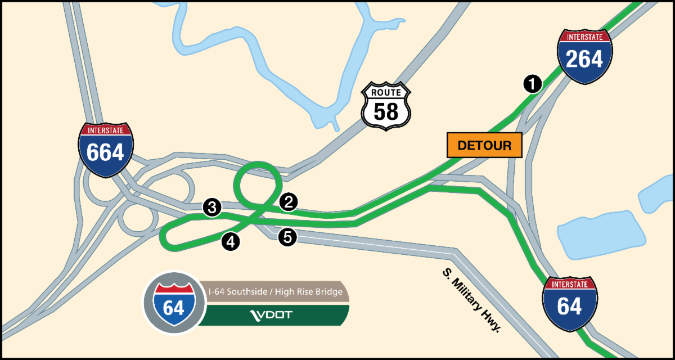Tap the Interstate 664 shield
106,149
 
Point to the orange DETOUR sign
484,145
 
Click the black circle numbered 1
532,84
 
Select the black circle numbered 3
211,208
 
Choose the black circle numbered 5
287,237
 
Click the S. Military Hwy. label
471,300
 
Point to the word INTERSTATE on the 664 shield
106,130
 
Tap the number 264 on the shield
584,59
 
